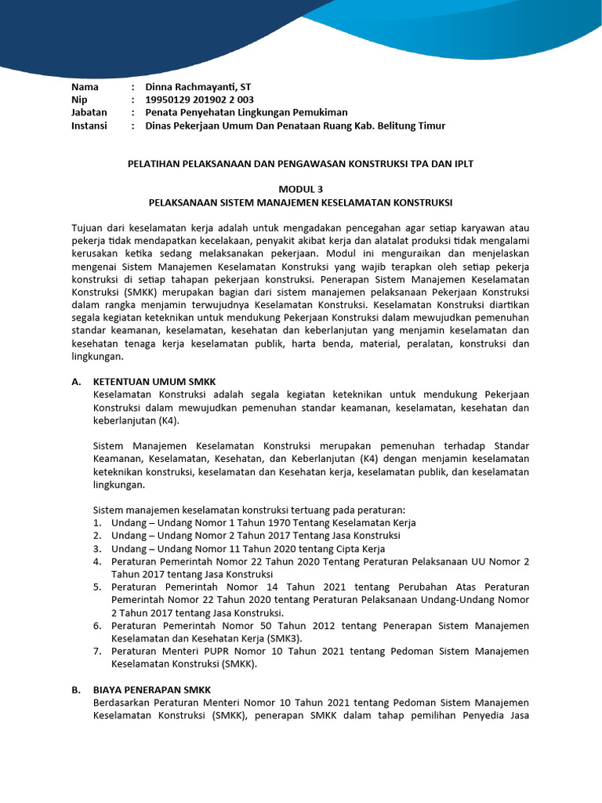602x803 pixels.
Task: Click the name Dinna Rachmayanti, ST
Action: pyautogui.click(x=198, y=86)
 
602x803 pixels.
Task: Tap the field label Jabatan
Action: pyautogui.click(x=89, y=113)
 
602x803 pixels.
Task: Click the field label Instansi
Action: pyautogui.click(x=89, y=125)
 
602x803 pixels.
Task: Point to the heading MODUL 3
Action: pyautogui.click(x=301, y=189)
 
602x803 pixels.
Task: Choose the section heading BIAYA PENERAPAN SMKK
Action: pyautogui.click(x=154, y=689)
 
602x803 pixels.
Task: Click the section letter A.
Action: pyautogui.click(x=76, y=381)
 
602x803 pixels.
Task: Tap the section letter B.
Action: pyautogui.click(x=76, y=689)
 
